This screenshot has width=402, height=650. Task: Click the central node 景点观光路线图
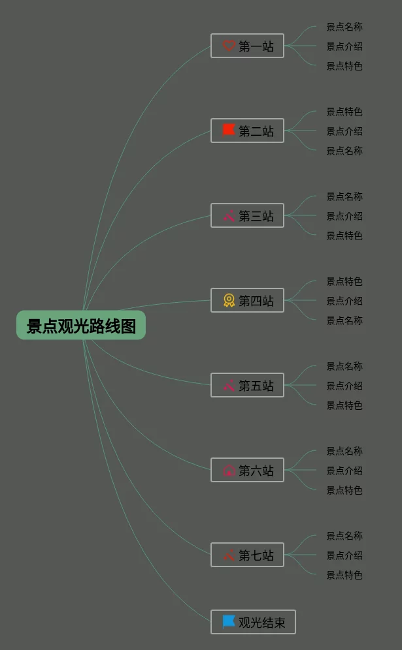click(81, 326)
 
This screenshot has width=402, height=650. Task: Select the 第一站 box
click(247, 46)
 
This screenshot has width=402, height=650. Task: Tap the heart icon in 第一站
click(228, 46)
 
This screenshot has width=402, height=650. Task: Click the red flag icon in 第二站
click(228, 130)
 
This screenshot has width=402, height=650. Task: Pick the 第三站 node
click(247, 215)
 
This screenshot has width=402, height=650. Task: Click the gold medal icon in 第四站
click(229, 300)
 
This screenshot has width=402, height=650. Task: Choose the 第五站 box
click(247, 385)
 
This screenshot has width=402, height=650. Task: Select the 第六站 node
click(247, 470)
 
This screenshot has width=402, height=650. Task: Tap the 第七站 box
click(247, 555)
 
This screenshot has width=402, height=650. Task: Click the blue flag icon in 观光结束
click(228, 621)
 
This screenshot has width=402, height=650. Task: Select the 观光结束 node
click(253, 622)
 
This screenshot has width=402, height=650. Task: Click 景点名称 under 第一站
click(344, 27)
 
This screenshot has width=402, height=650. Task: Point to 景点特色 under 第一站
click(344, 66)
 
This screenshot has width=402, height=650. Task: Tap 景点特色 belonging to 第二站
click(344, 112)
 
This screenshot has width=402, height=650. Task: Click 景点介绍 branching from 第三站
click(344, 216)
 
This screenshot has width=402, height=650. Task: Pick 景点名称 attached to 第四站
click(344, 320)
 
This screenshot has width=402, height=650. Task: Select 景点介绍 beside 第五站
click(344, 386)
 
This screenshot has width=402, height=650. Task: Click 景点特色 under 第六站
click(344, 490)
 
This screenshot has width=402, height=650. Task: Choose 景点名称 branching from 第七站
click(344, 536)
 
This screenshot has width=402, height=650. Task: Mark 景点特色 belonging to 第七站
click(344, 575)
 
